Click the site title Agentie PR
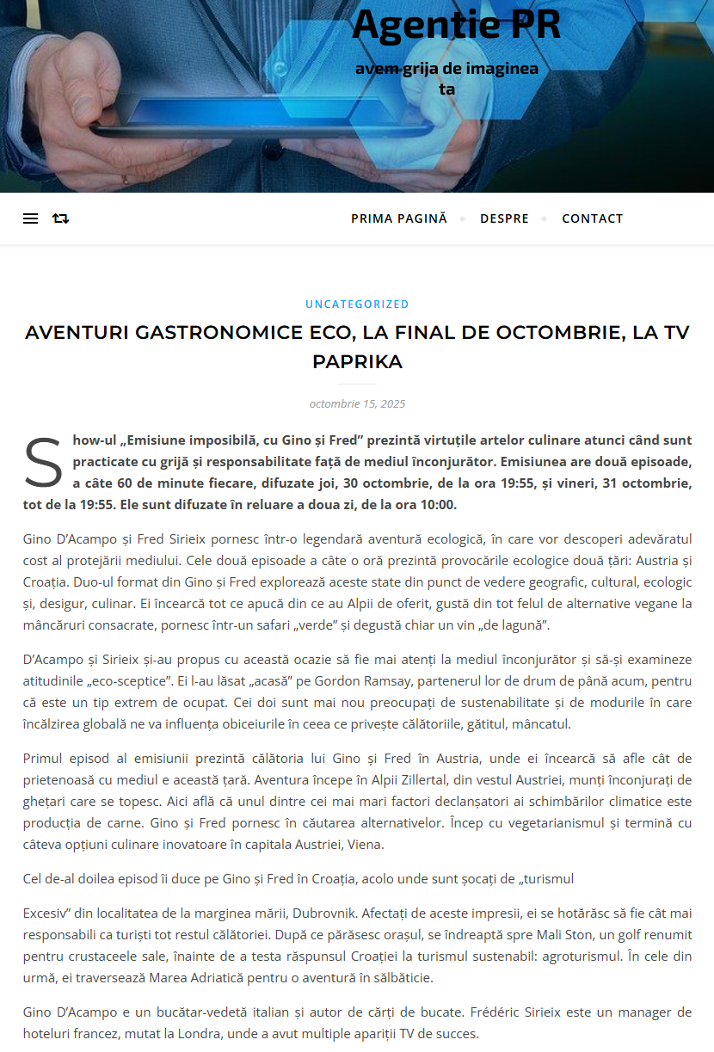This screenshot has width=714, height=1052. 456,25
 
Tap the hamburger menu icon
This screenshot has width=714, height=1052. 30,218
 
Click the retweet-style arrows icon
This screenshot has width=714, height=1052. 60,218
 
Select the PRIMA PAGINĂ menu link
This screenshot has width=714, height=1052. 399,218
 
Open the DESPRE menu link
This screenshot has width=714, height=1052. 504,218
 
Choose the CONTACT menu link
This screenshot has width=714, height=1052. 592,218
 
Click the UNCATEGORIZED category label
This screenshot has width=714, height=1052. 357,304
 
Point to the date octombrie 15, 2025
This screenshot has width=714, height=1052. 357,403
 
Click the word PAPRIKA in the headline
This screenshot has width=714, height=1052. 357,361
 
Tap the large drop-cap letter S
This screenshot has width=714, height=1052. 43,463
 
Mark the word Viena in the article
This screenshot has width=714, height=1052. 366,844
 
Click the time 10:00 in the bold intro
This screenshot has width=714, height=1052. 438,504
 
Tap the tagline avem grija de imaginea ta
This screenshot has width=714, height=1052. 446,77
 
